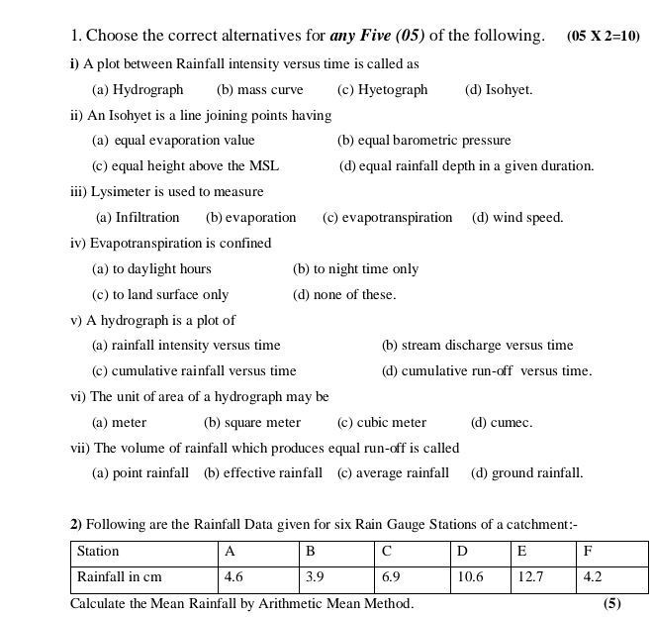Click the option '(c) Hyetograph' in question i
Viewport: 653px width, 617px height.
pyautogui.click(x=382, y=90)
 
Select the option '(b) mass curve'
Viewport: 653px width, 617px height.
pyautogui.click(x=260, y=90)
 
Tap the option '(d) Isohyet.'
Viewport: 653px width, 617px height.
pyautogui.click(x=499, y=90)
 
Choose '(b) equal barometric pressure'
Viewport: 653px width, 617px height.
pyautogui.click(x=423, y=141)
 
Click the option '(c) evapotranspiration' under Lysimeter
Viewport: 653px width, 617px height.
pyautogui.click(x=387, y=218)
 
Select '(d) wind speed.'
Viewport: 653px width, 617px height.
pyautogui.click(x=517, y=218)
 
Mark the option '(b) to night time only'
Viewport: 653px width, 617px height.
pyautogui.click(x=355, y=269)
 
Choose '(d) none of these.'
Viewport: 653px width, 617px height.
pyautogui.click(x=344, y=295)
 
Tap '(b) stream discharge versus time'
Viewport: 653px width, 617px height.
pyautogui.click(x=477, y=346)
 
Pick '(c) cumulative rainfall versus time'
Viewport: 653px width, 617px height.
pyautogui.click(x=194, y=371)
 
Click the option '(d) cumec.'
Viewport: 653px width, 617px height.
pyautogui.click(x=502, y=423)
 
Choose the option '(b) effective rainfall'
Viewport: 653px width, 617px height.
pyautogui.click(x=263, y=473)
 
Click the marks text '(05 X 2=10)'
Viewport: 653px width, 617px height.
pyautogui.click(x=604, y=37)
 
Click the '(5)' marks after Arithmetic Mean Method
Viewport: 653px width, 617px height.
pyautogui.click(x=612, y=603)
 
